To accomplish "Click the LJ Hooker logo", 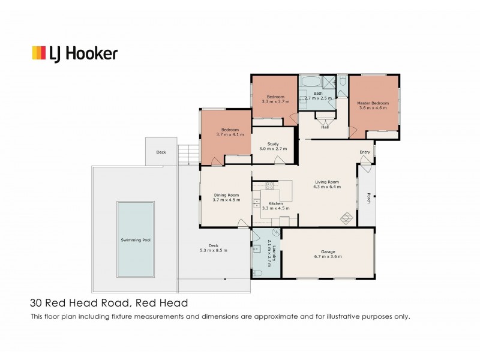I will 74,53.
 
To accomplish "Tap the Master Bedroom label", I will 373,103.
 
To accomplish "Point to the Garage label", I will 328,251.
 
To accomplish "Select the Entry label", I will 365,152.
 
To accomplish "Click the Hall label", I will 325,127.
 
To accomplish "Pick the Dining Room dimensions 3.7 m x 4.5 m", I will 226,199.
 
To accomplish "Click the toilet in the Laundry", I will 257,272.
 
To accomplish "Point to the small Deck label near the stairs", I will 161,152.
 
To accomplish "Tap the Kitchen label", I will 275,204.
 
